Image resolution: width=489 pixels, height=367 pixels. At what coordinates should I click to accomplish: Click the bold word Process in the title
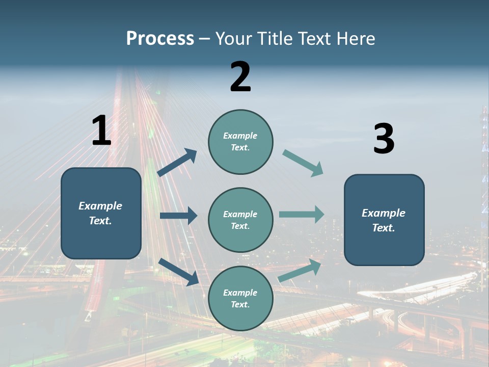(160, 38)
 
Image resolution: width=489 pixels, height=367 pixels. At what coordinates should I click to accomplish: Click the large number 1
(101, 130)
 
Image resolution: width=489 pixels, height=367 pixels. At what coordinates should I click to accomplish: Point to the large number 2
(240, 77)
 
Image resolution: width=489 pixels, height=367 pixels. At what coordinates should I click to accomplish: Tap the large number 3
(384, 139)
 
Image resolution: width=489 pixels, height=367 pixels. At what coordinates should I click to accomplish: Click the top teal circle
(240, 142)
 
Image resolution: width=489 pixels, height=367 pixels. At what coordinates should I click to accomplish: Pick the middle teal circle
(240, 220)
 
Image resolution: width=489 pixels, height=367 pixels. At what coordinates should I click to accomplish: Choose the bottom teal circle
(240, 298)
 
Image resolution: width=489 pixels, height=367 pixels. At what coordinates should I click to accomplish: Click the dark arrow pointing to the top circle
(177, 163)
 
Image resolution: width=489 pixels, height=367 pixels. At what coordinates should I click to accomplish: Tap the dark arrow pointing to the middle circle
(178, 216)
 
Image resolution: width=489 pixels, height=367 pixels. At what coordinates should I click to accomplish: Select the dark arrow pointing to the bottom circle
(178, 272)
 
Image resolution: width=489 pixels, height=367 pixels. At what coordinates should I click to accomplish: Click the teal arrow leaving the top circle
(303, 163)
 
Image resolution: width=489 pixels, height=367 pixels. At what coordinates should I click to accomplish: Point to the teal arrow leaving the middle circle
(302, 214)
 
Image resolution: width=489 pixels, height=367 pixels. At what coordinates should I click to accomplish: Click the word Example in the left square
(100, 206)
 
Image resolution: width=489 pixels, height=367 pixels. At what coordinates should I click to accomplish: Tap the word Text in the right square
(383, 228)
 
